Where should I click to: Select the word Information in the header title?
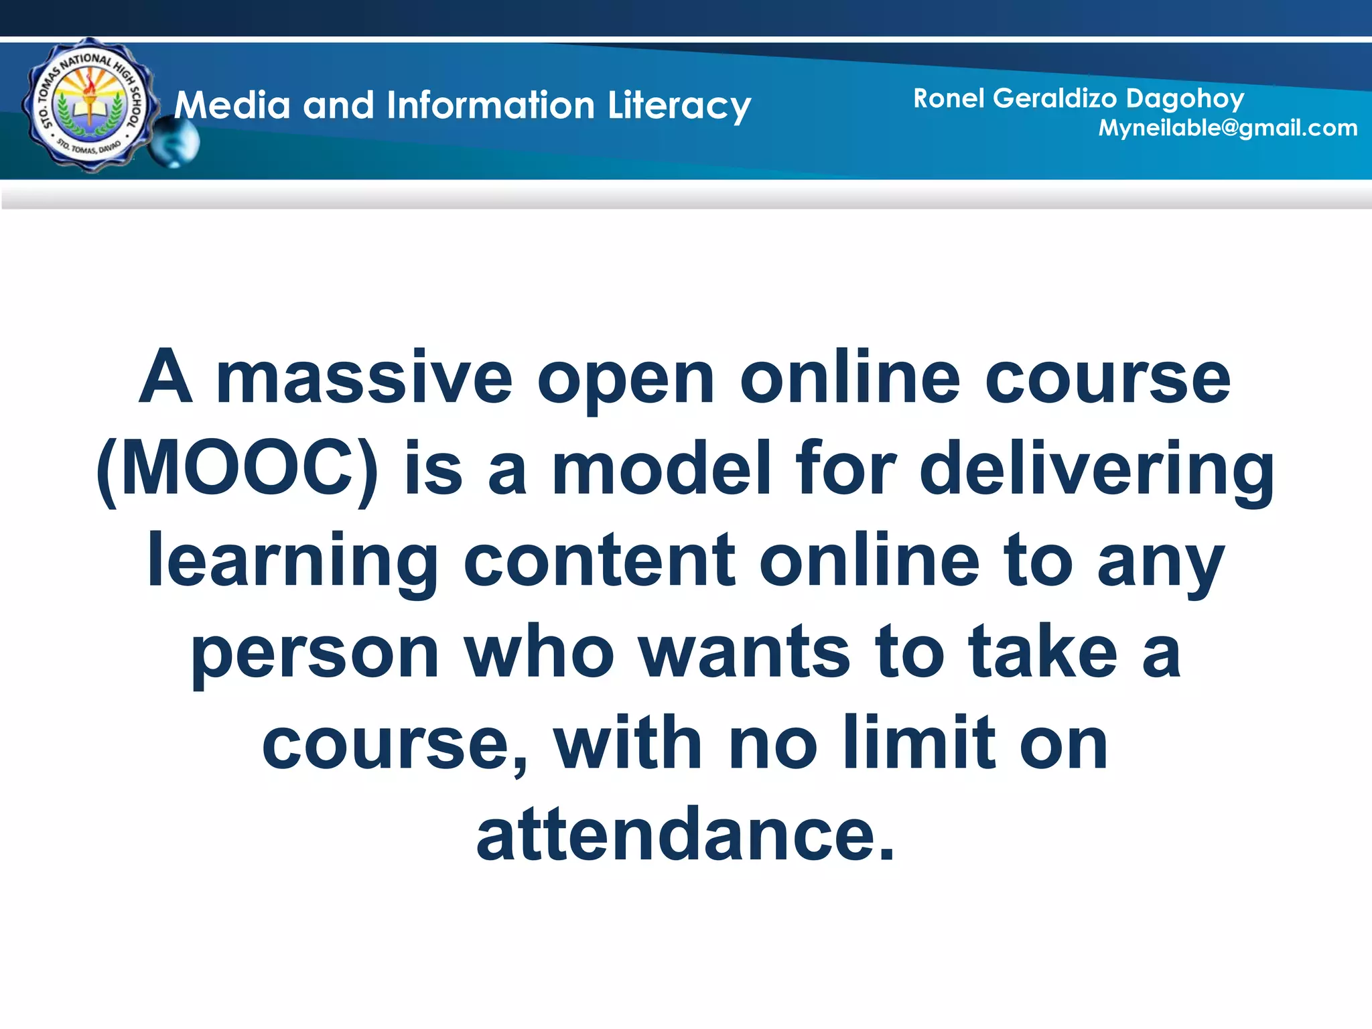pyautogui.click(x=490, y=106)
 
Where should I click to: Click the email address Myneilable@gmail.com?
pyautogui.click(x=1227, y=128)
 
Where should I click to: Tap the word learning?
pyautogui.click(x=292, y=563)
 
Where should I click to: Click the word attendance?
pyautogui.click(x=685, y=834)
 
